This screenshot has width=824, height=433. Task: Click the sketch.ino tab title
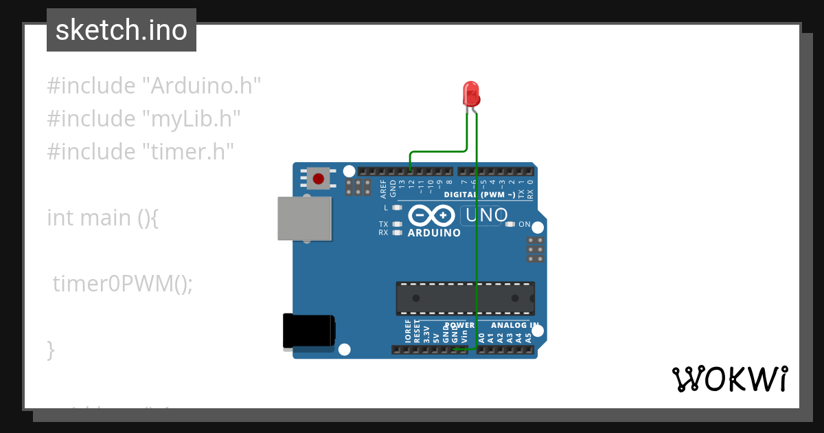pyautogui.click(x=122, y=30)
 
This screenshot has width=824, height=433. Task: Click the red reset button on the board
pyautogui.click(x=318, y=179)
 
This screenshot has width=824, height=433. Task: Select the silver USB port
pyautogui.click(x=304, y=219)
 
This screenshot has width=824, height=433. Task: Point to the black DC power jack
pyautogui.click(x=309, y=331)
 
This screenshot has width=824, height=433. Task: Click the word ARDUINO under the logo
pyautogui.click(x=434, y=233)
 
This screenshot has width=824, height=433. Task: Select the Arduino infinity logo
pyautogui.click(x=431, y=216)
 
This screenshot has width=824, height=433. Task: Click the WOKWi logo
pyautogui.click(x=729, y=379)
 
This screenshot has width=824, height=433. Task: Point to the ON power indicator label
pyautogui.click(x=524, y=224)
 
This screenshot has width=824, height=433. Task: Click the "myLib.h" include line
pyautogui.click(x=144, y=118)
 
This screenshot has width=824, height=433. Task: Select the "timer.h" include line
pyautogui.click(x=141, y=151)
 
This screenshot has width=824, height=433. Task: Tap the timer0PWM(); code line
pyautogui.click(x=123, y=282)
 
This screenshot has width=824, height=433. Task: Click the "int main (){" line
pyautogui.click(x=103, y=217)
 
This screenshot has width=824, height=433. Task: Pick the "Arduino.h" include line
pyautogui.click(x=154, y=86)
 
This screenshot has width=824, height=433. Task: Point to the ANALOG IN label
pyautogui.click(x=514, y=325)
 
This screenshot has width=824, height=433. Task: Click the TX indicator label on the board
pyautogui.click(x=383, y=224)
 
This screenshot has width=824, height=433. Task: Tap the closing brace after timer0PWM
pyautogui.click(x=50, y=349)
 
